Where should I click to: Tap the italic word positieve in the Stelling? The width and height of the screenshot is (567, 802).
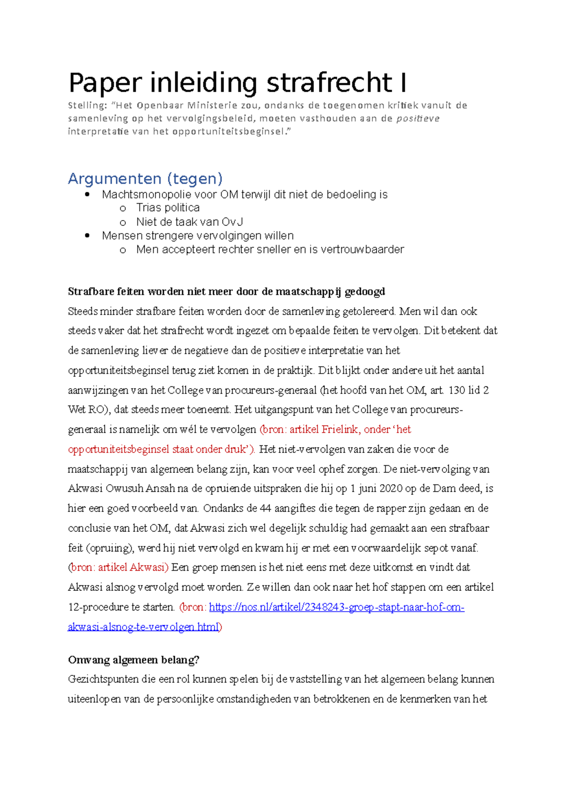click(418, 119)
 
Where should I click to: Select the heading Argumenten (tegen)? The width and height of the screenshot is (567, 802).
click(145, 179)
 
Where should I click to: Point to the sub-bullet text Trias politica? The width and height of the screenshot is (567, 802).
click(168, 208)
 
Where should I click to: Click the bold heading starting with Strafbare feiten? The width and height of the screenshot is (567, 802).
click(226, 291)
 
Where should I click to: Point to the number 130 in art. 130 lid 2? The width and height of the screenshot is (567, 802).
click(456, 390)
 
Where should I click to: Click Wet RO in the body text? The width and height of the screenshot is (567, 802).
click(85, 410)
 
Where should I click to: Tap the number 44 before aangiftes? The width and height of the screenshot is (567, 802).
click(266, 508)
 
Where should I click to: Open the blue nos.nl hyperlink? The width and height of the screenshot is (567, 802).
click(336, 607)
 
